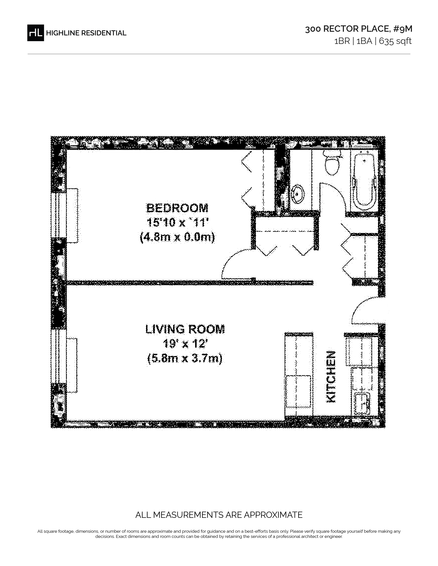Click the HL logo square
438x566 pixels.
(x=36, y=33)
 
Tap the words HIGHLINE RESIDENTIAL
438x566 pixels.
(x=86, y=33)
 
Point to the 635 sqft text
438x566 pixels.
(x=395, y=41)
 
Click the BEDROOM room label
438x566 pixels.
(x=177, y=208)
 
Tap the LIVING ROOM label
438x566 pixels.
(x=185, y=329)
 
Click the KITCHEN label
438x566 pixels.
(x=331, y=377)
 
